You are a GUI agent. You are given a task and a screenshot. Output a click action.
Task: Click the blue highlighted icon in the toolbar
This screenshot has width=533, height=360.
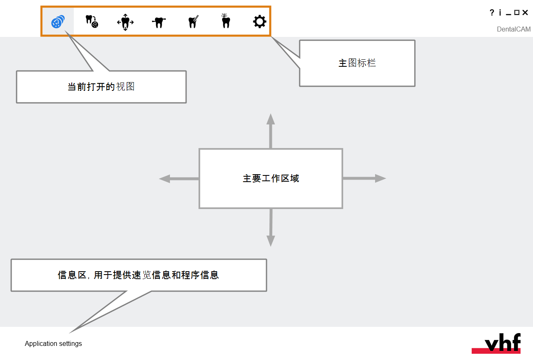(58, 22)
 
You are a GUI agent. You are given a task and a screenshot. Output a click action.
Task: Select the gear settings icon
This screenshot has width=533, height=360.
(259, 22)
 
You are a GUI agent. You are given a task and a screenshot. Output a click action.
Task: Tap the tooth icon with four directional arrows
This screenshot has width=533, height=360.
(126, 22)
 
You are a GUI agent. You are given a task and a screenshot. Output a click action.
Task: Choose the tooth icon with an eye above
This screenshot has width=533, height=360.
(225, 21)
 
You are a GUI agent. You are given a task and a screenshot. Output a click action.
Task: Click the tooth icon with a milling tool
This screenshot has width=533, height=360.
(193, 22)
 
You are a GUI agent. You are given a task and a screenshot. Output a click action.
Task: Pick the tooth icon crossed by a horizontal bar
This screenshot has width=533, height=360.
(159, 22)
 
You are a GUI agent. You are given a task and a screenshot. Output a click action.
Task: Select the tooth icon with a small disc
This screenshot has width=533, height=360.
(92, 22)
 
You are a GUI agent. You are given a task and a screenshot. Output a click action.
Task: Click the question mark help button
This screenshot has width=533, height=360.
(492, 12)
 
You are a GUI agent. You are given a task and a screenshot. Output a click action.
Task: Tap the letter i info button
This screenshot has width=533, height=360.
(500, 12)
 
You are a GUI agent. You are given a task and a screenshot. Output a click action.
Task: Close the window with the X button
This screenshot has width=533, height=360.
(525, 12)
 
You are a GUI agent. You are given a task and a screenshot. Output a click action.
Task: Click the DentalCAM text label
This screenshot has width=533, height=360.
(514, 29)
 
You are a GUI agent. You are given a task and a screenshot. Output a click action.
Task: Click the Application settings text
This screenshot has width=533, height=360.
(53, 343)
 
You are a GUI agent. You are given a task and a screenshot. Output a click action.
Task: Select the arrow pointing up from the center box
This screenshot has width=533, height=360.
(271, 131)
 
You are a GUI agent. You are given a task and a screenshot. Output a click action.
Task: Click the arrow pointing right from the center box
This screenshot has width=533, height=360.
(364, 178)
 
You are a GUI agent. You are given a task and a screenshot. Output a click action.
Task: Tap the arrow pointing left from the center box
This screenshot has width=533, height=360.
(179, 179)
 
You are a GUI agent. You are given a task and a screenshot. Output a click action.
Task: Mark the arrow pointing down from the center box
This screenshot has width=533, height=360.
(271, 228)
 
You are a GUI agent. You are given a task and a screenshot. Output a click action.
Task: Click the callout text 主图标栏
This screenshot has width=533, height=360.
(357, 63)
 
